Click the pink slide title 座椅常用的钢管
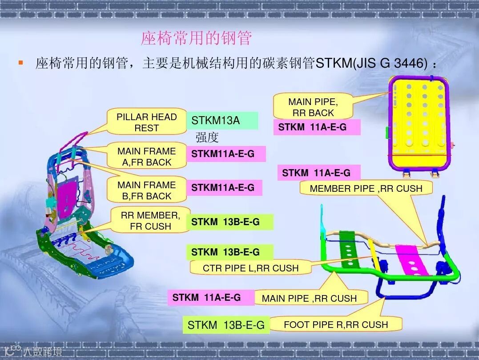pyautogui.click(x=196, y=38)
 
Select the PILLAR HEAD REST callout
pyautogui.click(x=147, y=122)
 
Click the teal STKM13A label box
pyautogui.click(x=222, y=121)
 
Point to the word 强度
pyautogui.click(x=207, y=138)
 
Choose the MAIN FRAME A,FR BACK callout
pyautogui.click(x=147, y=157)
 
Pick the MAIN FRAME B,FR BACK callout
pyautogui.click(x=147, y=190)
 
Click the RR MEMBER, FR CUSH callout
pyautogui.click(x=150, y=221)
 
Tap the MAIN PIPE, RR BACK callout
pyautogui.click(x=313, y=107)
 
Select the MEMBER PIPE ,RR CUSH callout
pyautogui.click(x=366, y=188)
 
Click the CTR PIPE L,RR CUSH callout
pyautogui.click(x=250, y=268)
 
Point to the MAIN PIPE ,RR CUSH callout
pyautogui.click(x=309, y=298)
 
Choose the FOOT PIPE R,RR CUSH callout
pyautogui.click(x=336, y=324)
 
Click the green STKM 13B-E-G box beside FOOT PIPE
pyautogui.click(x=226, y=325)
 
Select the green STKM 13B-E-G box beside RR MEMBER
pyautogui.click(x=229, y=222)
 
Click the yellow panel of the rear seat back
pyautogui.click(x=418, y=120)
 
